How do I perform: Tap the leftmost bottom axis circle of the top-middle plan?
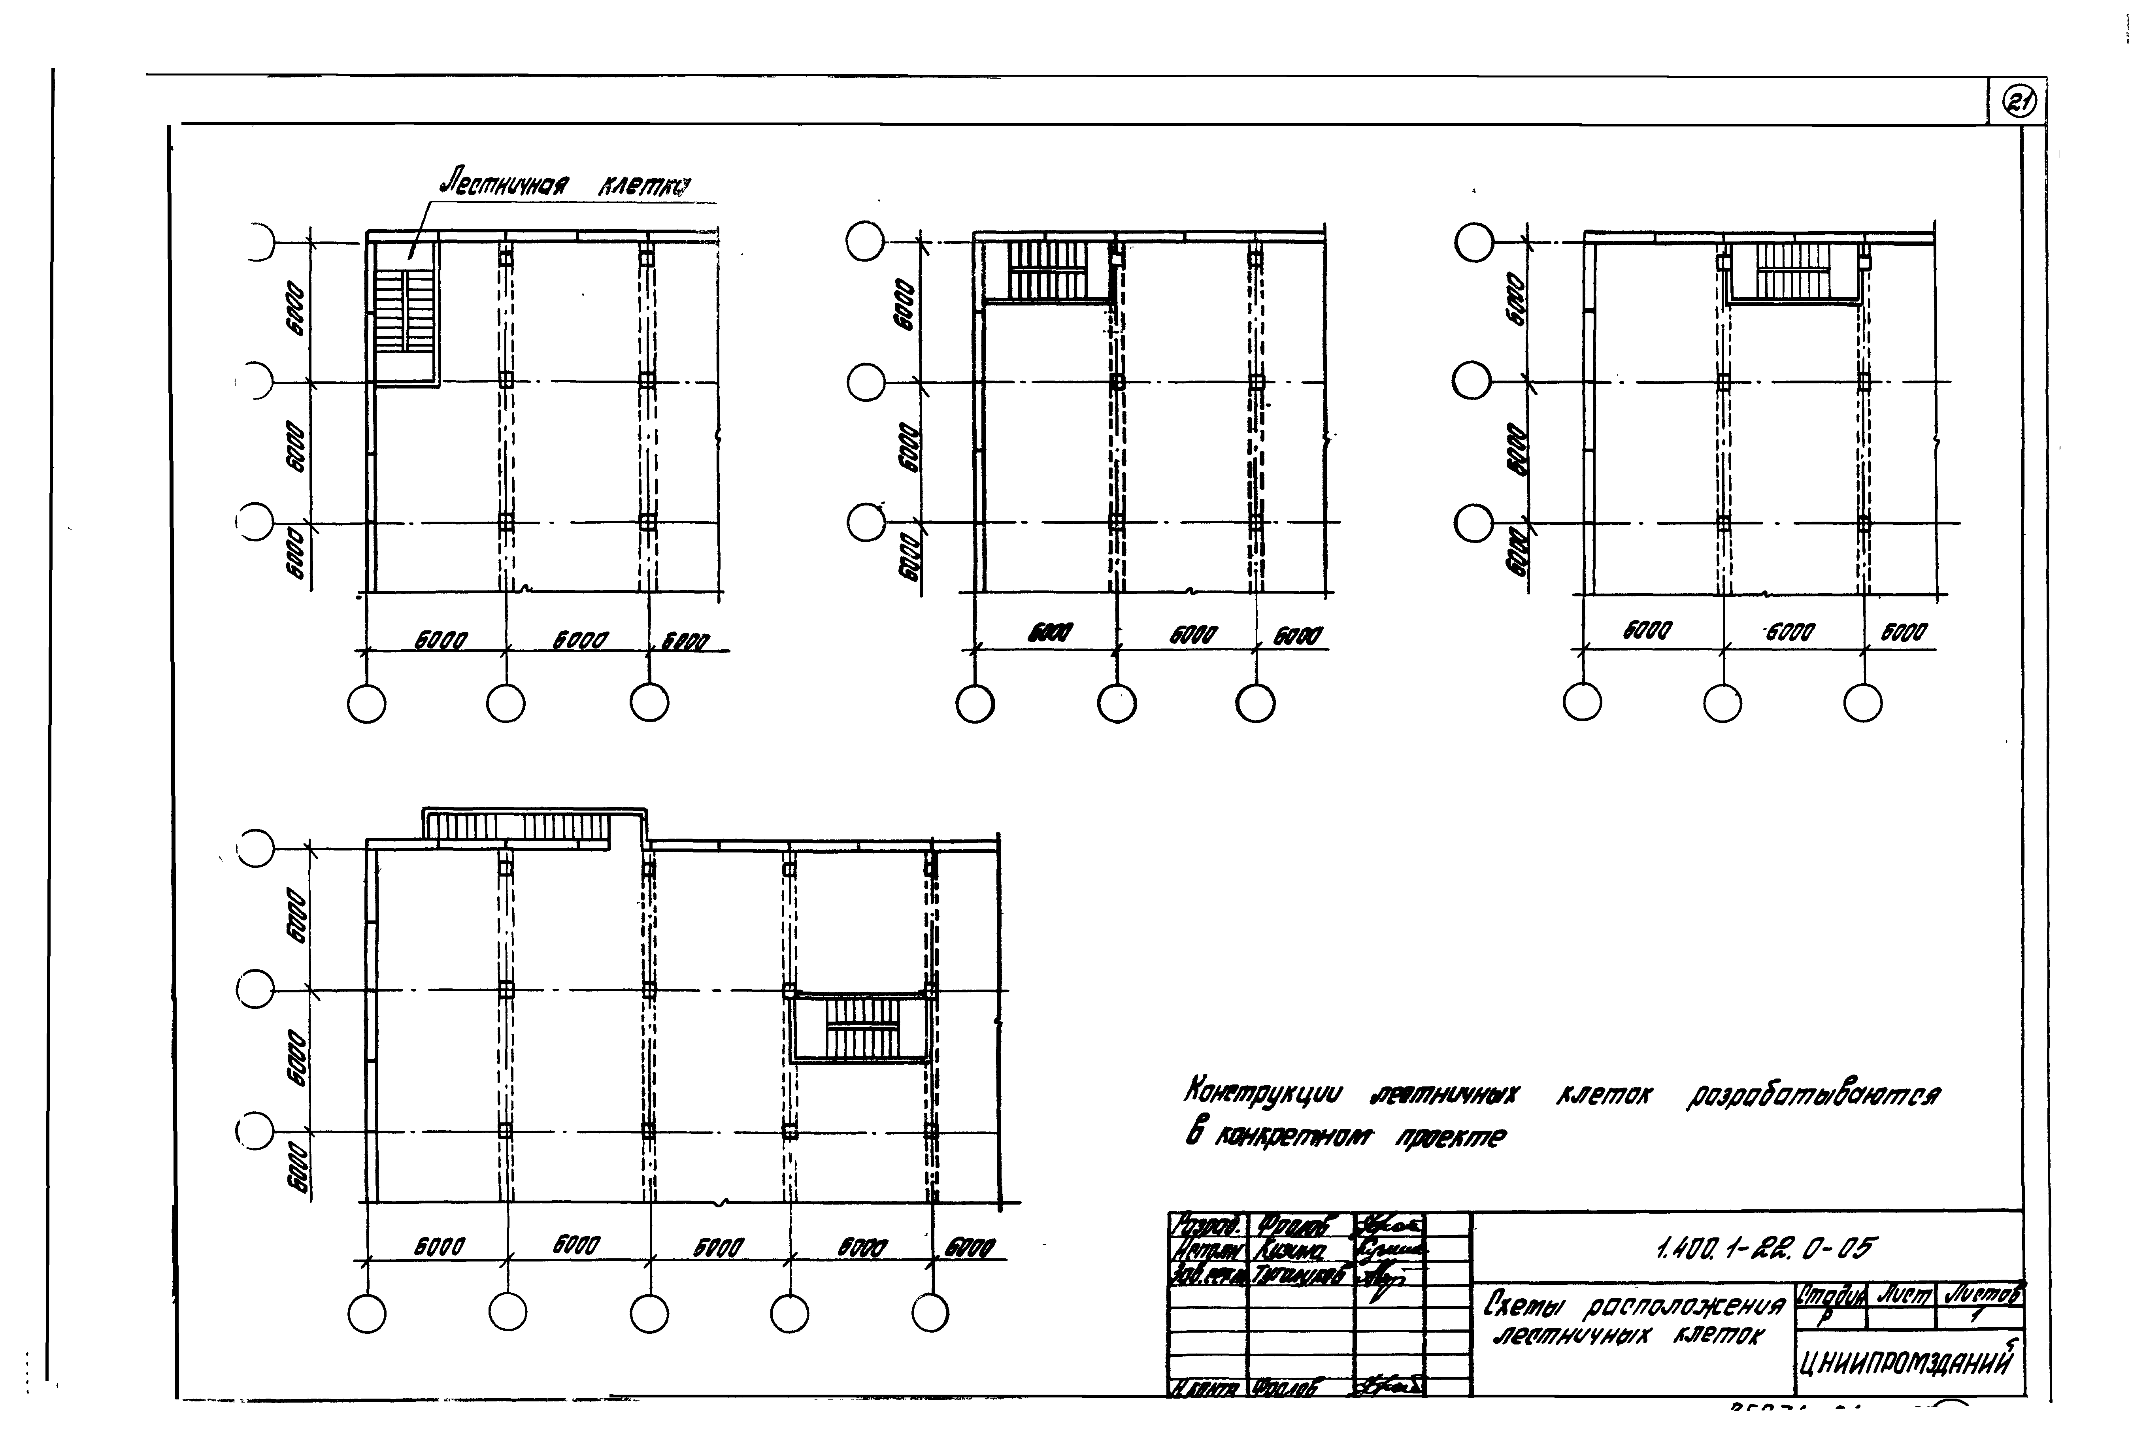[x=974, y=704]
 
